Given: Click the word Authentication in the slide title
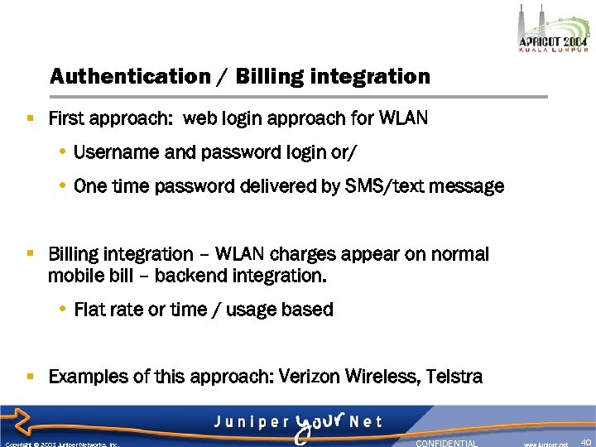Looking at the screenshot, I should click(130, 77).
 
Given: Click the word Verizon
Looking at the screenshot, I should click(311, 377).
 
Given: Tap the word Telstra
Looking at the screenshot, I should click(454, 377).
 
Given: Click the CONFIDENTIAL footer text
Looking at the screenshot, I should click(446, 443).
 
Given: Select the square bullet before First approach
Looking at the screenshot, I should click(31, 119).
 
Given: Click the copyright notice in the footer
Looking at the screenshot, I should click(61, 444).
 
